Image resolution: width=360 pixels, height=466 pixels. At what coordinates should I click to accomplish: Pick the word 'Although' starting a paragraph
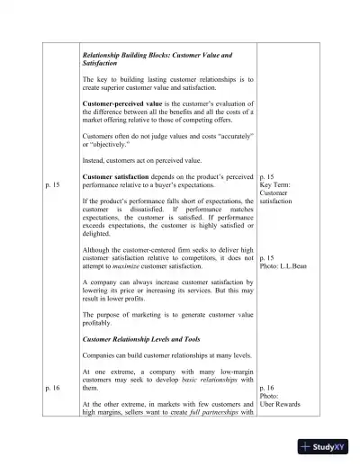(96, 248)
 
